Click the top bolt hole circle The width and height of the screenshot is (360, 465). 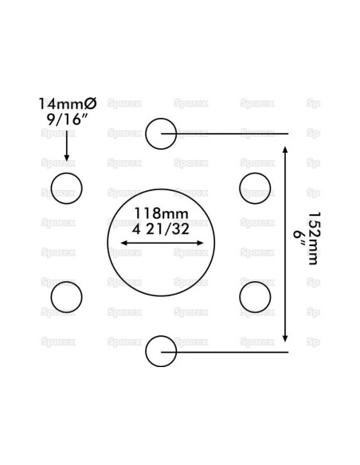tap(161, 119)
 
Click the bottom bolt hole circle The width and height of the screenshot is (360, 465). tap(161, 336)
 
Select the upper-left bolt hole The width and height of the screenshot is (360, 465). tap(66, 174)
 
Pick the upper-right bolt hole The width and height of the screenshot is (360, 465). tap(255, 174)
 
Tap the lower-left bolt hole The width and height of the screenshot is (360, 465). tap(66, 282)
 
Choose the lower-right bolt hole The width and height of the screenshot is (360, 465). tap(255, 282)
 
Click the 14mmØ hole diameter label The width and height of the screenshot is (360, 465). tap(68, 104)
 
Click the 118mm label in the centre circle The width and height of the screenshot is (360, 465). tap(162, 213)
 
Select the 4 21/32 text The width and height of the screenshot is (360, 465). tap(161, 229)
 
